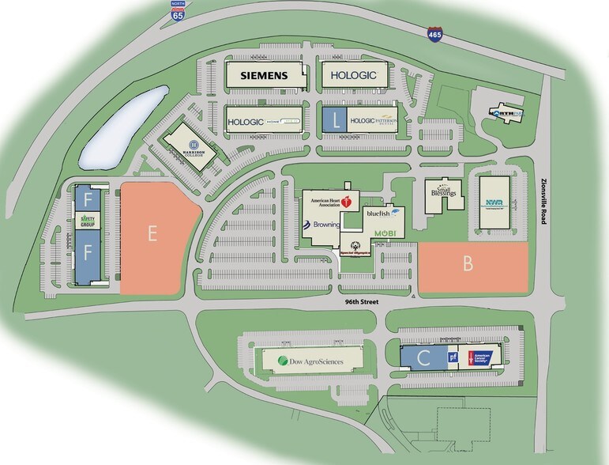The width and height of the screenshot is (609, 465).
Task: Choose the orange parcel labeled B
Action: [x=472, y=266]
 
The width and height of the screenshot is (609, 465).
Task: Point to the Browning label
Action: [x=321, y=225]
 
